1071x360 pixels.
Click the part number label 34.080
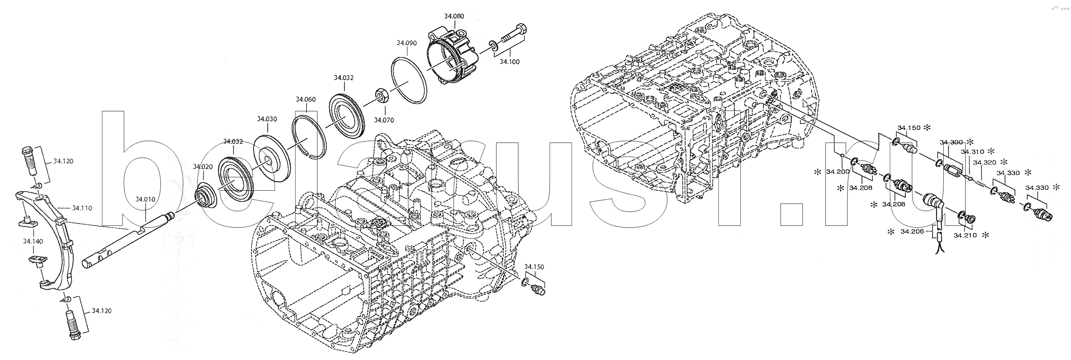pos(454,16)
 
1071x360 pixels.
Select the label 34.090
pos(407,43)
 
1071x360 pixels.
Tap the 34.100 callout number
pos(509,62)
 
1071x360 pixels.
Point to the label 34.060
pos(305,99)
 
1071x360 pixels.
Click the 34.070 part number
pos(383,120)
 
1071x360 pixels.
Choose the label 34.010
pos(146,199)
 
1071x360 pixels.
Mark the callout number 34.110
pos(82,208)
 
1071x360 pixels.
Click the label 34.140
pos(33,242)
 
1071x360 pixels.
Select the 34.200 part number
pos(837,172)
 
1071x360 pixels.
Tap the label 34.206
pos(911,231)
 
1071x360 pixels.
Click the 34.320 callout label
pos(984,163)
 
